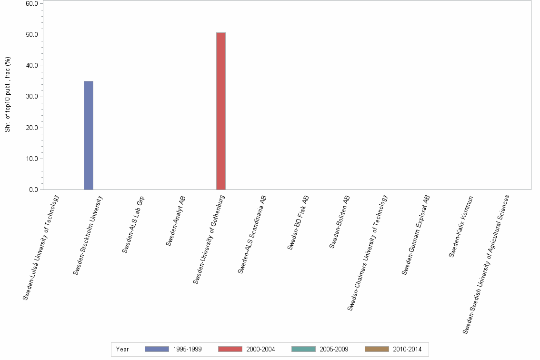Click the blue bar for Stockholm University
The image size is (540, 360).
tap(89, 135)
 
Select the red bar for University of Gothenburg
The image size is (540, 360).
tap(221, 111)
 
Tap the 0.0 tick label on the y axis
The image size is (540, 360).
tap(34, 190)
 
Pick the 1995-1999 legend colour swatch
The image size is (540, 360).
tap(157, 349)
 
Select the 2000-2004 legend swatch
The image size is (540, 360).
tap(230, 349)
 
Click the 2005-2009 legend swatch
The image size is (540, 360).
tap(303, 349)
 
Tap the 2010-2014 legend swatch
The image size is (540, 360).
tap(377, 349)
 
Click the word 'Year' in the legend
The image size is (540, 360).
tap(122, 350)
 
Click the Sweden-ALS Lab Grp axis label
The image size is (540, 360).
tap(133, 224)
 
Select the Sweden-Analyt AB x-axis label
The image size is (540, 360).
tap(176, 220)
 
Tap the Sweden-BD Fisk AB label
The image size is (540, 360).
tap(299, 222)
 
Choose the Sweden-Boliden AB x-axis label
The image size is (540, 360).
tap(340, 221)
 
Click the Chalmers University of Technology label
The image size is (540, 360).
tap(368, 253)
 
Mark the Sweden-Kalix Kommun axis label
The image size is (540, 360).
tap(461, 227)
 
